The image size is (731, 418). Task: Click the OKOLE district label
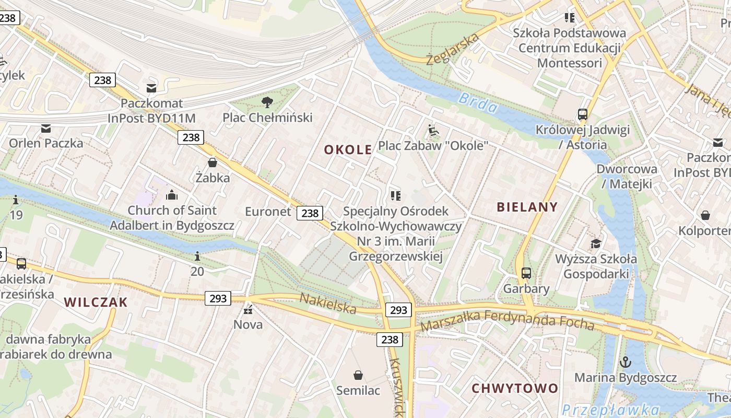coord(348,150)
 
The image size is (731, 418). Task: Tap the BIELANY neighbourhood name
coord(527,207)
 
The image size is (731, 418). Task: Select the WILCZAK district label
coord(96,302)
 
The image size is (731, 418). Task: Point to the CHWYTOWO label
coord(515,388)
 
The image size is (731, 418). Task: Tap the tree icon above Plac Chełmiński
coord(267,102)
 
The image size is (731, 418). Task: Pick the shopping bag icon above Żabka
coord(213,162)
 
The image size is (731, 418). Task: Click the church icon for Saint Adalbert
coord(172,195)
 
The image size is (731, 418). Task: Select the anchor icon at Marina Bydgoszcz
coord(625,362)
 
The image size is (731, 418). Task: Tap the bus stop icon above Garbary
coord(526,273)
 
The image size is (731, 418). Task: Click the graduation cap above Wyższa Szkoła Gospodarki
coord(596,243)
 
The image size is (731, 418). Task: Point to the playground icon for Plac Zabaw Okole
coord(433,130)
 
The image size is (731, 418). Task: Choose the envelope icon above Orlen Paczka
coord(46,128)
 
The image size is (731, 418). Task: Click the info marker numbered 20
coord(197,256)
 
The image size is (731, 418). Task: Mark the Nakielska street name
coord(328,304)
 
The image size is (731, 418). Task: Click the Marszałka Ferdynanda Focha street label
coord(507,320)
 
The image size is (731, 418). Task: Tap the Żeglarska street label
coord(452,49)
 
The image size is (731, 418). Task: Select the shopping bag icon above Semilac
coord(358,375)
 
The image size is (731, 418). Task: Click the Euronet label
coord(268,212)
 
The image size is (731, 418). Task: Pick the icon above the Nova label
coord(248,310)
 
